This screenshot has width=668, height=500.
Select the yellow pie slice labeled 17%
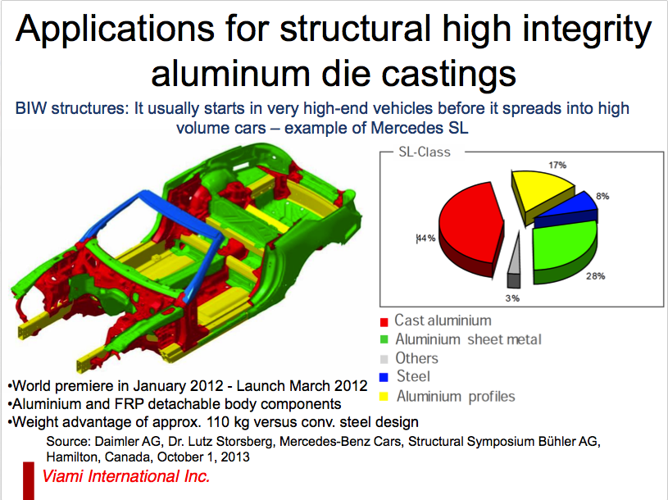point(539,192)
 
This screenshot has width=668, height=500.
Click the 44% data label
point(425,238)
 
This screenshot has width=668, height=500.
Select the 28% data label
point(595,276)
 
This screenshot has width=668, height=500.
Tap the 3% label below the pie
point(512,298)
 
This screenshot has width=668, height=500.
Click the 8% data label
point(602,196)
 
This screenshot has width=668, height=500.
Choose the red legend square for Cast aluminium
point(384,322)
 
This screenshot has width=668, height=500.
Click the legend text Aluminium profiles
point(456,396)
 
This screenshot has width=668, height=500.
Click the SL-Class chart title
point(425,152)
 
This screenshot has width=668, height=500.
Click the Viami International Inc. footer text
point(126,476)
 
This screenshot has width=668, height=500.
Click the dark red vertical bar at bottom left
point(29,481)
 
